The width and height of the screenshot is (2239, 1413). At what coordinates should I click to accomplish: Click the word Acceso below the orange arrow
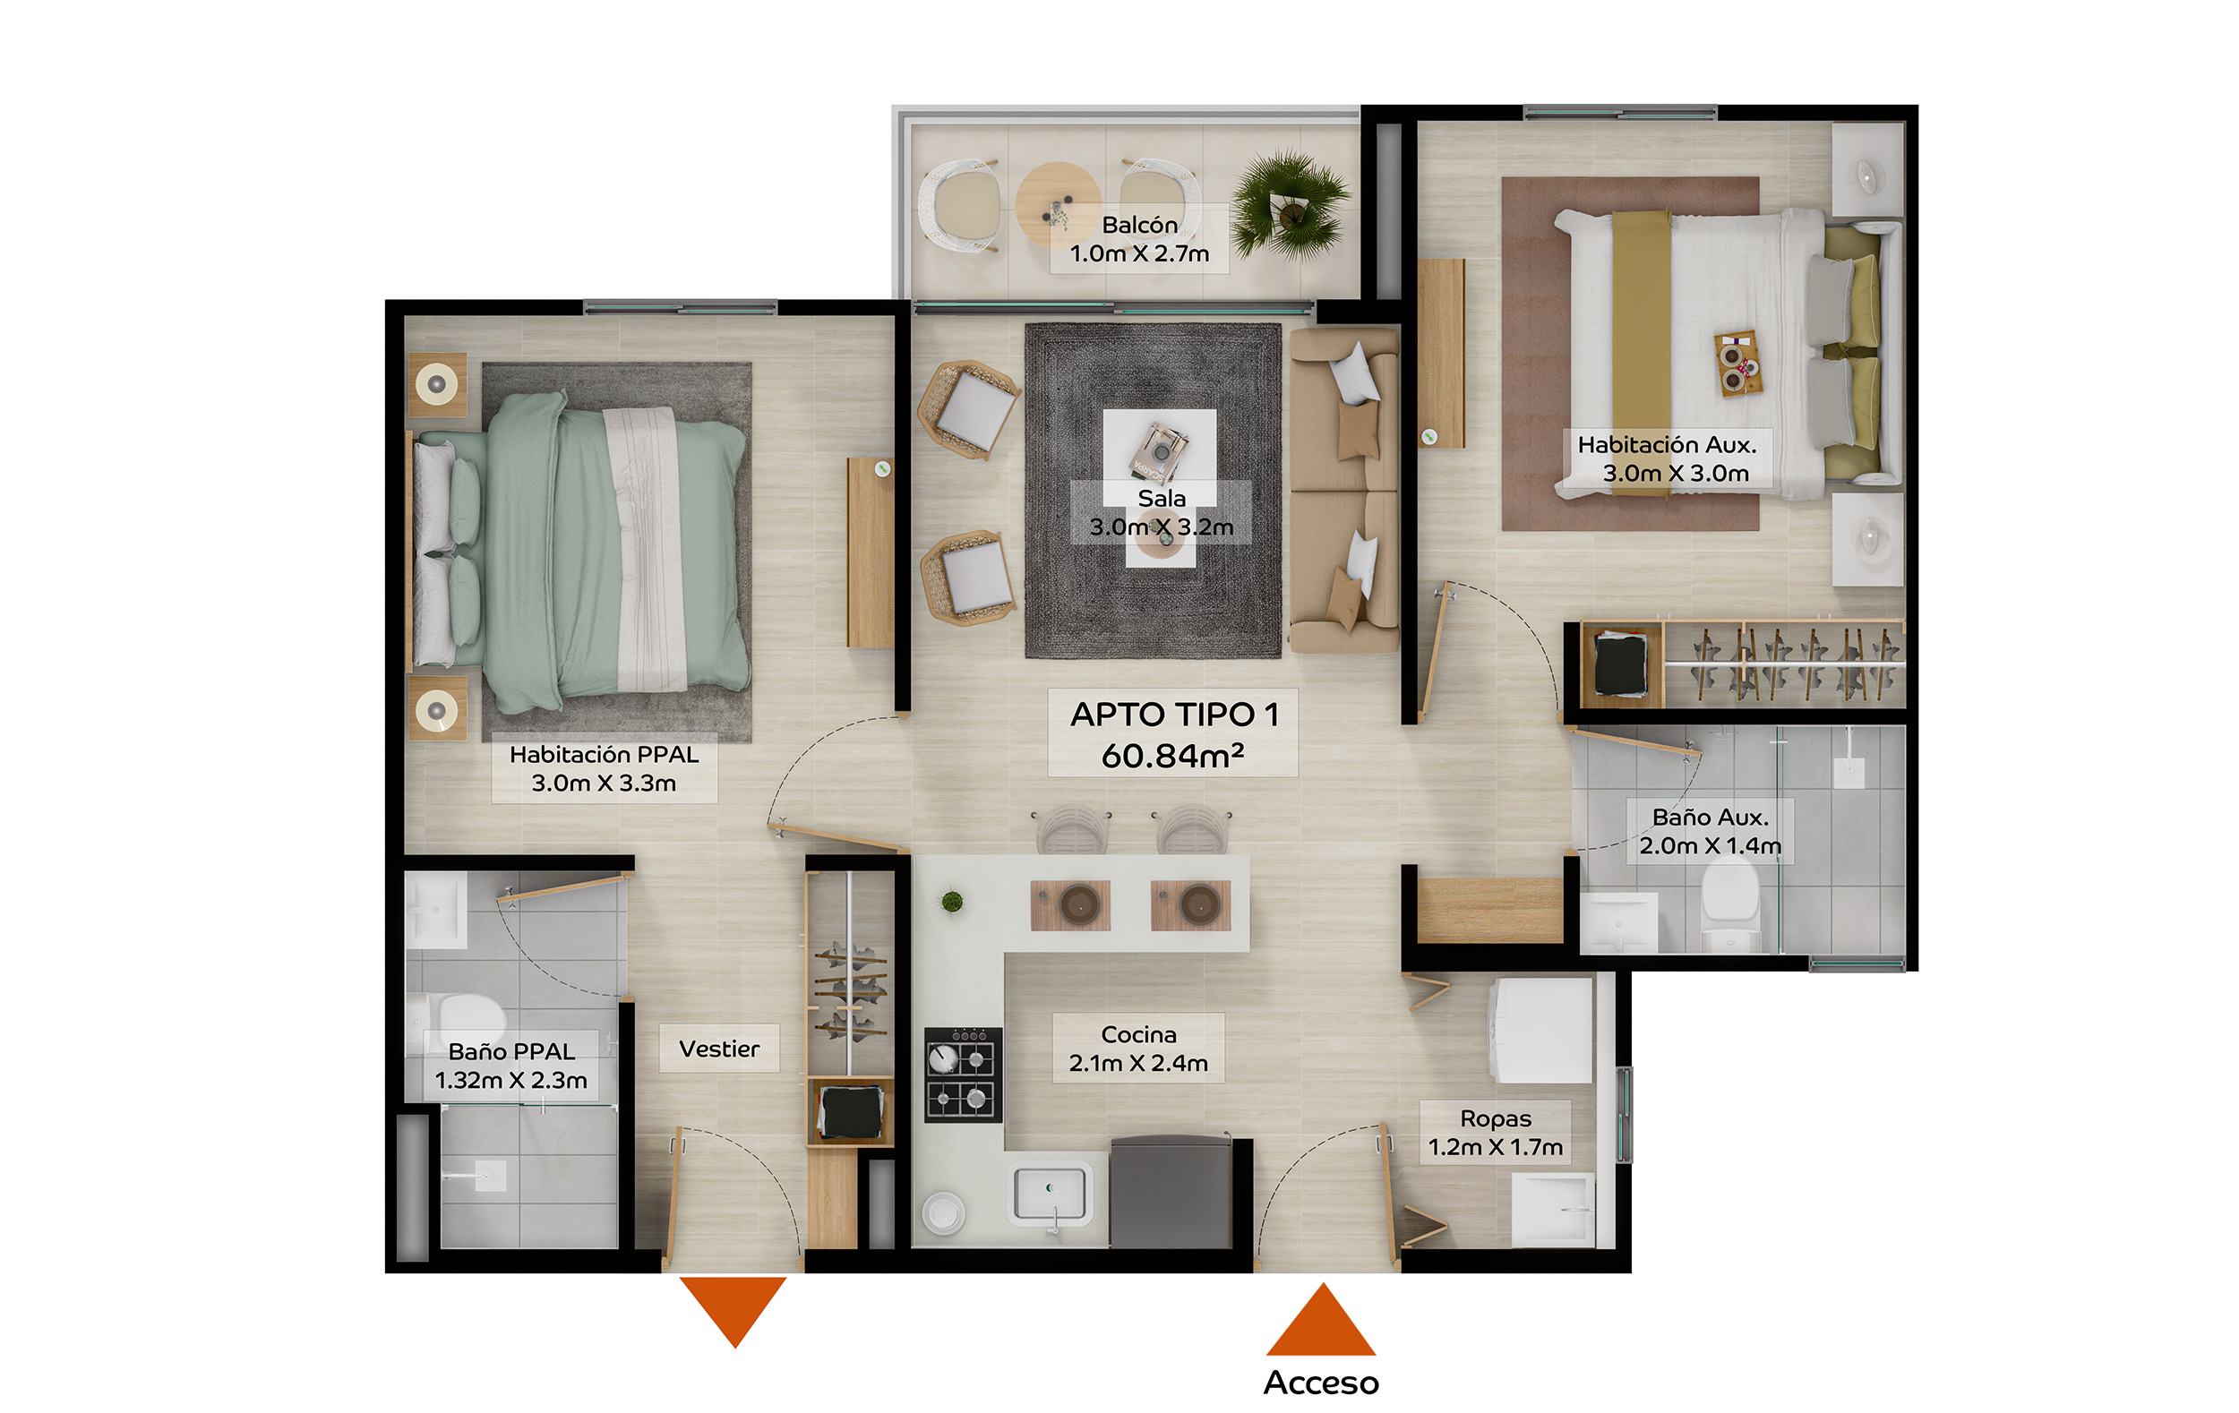[x=1320, y=1383]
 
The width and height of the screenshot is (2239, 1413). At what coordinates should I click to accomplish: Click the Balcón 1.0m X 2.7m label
[x=1139, y=239]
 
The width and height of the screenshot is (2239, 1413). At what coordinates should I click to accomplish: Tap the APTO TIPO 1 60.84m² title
[x=1173, y=733]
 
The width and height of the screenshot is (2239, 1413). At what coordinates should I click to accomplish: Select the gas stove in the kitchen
[x=964, y=1074]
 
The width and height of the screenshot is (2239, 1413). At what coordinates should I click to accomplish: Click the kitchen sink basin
[x=1050, y=1193]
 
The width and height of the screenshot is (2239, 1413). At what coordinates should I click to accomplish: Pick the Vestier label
[x=719, y=1049]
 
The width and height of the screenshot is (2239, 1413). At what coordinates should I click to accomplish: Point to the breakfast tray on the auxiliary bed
[x=1737, y=363]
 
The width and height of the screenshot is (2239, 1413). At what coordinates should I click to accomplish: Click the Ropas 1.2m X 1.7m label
[x=1495, y=1132]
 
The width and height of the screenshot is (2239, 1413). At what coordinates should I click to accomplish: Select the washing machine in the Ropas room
[x=1541, y=1029]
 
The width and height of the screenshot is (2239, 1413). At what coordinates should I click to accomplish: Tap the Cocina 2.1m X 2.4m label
[x=1138, y=1049]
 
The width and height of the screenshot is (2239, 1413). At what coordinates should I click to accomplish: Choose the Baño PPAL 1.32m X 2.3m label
[x=510, y=1066]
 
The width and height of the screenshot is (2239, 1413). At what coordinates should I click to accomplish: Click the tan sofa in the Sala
[x=1343, y=491]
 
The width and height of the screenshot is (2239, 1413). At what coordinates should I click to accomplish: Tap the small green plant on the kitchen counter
[x=951, y=901]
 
